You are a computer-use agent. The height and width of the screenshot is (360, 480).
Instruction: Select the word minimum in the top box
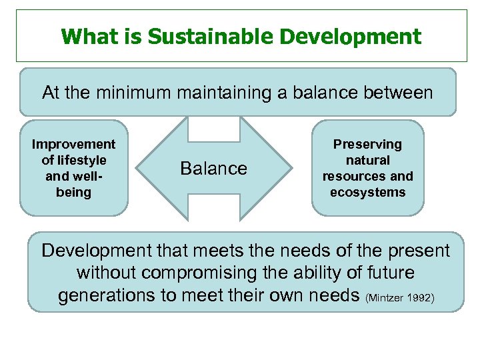tap(135, 92)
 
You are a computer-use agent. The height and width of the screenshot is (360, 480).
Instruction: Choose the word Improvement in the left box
tap(73, 145)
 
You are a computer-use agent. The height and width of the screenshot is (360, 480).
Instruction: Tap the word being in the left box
tap(73, 193)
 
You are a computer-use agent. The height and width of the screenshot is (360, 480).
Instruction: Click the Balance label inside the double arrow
tap(213, 169)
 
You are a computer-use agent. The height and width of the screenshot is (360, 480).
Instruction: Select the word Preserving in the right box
tap(367, 145)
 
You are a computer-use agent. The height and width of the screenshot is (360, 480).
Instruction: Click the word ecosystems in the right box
tap(367, 193)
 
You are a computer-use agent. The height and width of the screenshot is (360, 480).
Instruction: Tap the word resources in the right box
tap(354, 177)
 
